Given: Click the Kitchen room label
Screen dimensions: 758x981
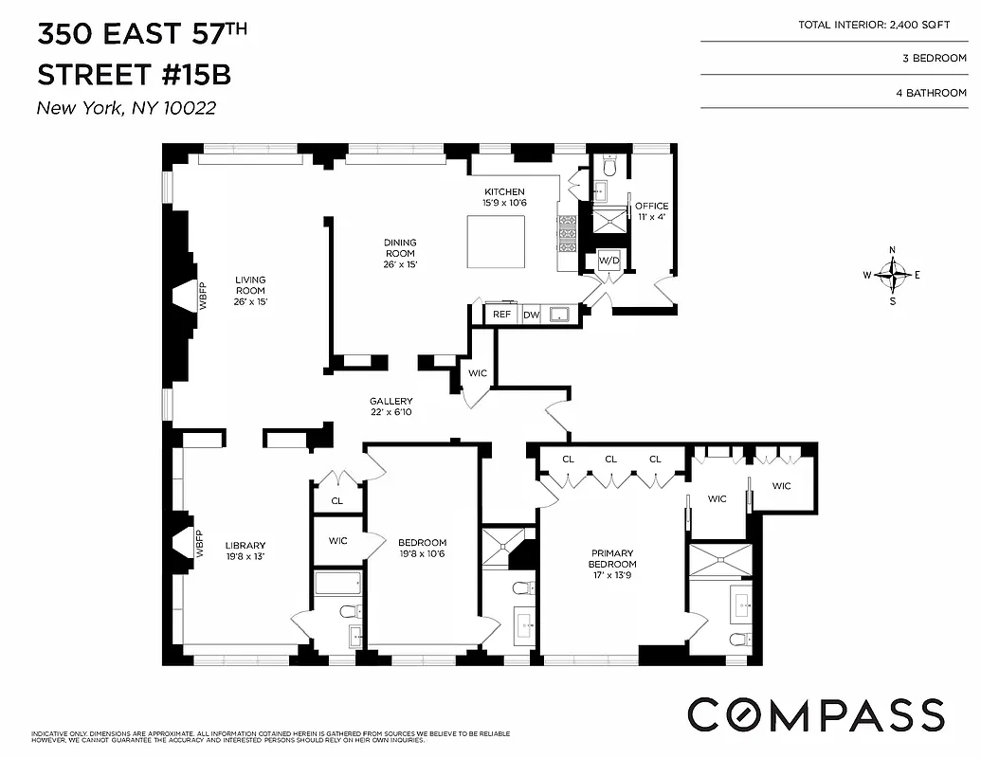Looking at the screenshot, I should pos(503,192).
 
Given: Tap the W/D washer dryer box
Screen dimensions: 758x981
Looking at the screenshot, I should pos(608,261).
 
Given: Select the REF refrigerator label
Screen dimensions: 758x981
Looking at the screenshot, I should pos(501,315).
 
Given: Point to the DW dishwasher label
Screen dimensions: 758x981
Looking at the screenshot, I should pos(531,315).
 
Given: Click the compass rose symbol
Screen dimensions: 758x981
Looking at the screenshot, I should pos(892,276).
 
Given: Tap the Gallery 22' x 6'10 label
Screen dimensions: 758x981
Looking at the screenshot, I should pos(391,406).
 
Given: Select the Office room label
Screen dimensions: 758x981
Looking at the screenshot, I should pos(651,206).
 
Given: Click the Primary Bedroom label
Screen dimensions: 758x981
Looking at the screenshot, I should pos(611,559).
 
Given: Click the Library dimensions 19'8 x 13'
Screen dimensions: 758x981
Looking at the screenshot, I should pos(245,557).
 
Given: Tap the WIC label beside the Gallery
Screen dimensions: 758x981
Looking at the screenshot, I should pos(478,373).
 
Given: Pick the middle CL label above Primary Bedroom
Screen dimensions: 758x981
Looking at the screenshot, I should pos(611,460).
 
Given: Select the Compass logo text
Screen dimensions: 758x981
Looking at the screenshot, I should pos(815,714).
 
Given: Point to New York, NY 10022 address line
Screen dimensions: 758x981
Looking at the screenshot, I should pos(126,108).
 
